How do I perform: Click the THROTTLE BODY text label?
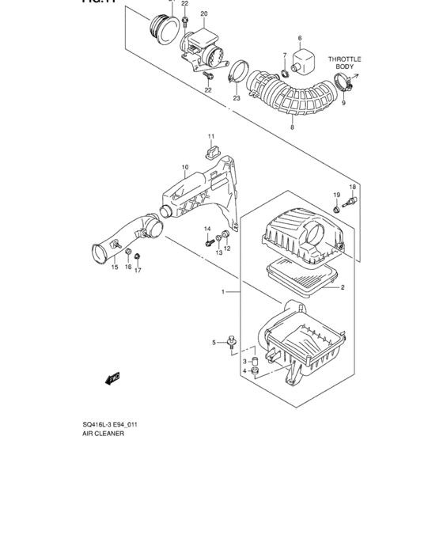click(x=344, y=63)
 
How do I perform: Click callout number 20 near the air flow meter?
click(x=203, y=14)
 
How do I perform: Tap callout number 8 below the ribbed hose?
click(x=292, y=127)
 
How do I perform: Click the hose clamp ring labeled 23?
click(x=236, y=78)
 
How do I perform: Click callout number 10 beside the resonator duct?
click(x=185, y=167)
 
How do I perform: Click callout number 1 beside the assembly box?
click(x=224, y=292)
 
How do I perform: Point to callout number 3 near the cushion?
click(x=245, y=361)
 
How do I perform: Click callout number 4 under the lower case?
click(x=245, y=371)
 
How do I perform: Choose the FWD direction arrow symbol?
click(x=112, y=378)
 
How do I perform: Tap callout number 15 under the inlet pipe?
click(x=115, y=268)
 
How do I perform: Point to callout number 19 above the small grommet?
click(x=336, y=195)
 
